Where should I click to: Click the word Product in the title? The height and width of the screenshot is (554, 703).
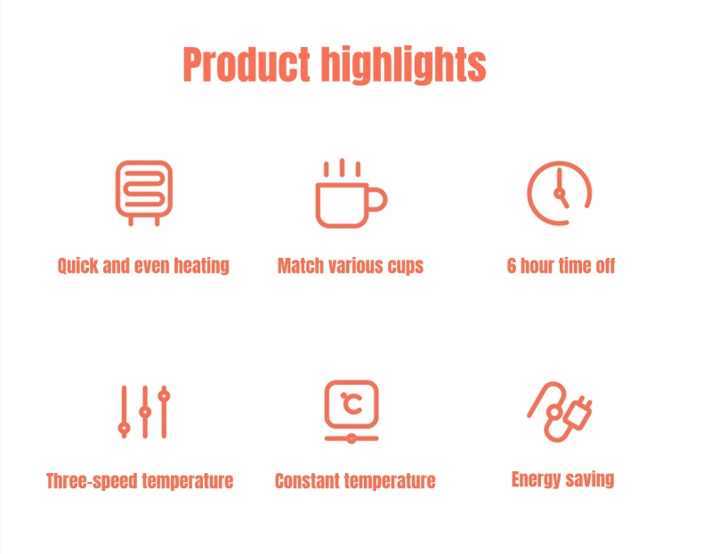point(246,65)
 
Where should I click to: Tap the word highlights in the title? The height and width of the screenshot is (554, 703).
point(404,65)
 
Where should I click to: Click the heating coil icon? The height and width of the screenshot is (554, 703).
point(144,193)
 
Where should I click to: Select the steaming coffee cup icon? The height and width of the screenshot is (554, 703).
point(351,193)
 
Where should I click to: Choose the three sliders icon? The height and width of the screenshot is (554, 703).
point(144,412)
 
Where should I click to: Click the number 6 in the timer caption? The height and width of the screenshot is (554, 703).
point(512,266)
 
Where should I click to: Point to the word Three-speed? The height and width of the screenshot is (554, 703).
point(92,481)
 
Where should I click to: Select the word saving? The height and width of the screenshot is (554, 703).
point(590,479)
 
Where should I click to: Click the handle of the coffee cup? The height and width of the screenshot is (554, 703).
point(380,199)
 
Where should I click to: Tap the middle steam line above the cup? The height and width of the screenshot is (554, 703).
point(342,167)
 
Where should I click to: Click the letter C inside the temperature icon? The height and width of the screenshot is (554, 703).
point(352,404)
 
